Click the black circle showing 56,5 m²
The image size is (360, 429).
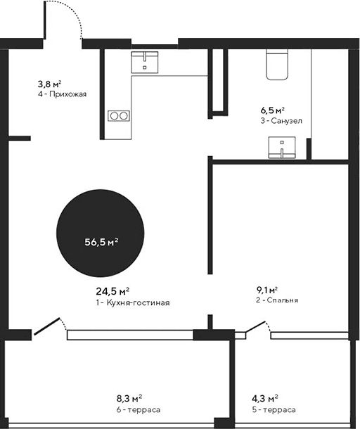click(x=101, y=241)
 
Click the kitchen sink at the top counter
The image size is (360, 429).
click(x=146, y=63)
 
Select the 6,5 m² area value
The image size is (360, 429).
click(x=272, y=110)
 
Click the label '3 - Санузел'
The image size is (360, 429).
click(x=281, y=121)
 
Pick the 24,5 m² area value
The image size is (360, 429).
click(x=112, y=291)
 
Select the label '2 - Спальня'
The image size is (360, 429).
click(x=277, y=300)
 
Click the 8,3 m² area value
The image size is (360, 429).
click(x=130, y=399)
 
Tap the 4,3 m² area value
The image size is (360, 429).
click(x=265, y=399)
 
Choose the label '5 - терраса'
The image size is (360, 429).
click(x=274, y=409)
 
